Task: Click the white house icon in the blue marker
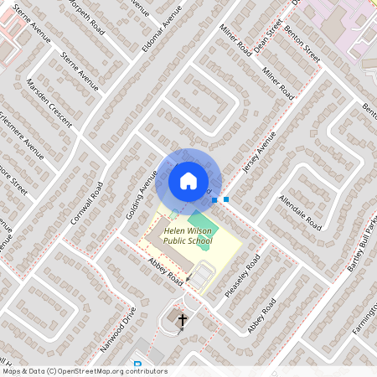click(188, 180)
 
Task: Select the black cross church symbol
click(182, 319)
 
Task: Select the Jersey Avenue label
click(257, 155)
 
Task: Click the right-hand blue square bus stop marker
click(226, 199)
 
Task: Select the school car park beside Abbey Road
click(204, 271)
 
